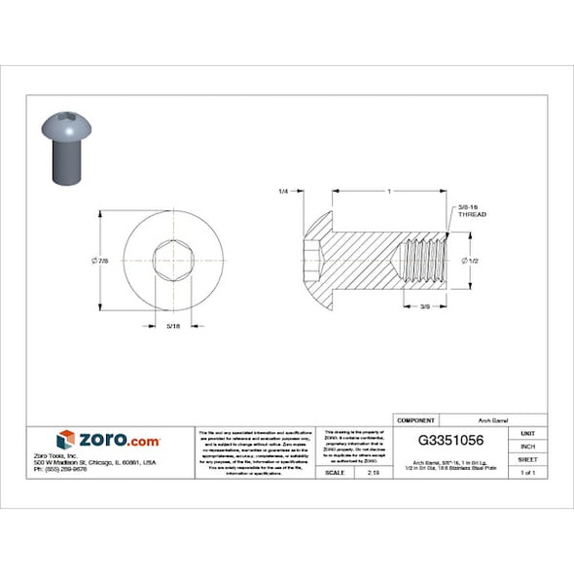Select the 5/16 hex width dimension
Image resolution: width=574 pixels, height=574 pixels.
coord(172,326)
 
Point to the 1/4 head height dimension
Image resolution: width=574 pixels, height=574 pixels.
coord(283,192)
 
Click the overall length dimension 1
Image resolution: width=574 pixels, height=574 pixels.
coord(389,192)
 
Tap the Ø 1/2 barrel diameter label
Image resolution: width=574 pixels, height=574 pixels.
coord(475,261)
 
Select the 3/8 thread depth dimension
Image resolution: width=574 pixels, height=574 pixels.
coord(424,306)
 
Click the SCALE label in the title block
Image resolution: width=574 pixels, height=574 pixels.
coord(335,472)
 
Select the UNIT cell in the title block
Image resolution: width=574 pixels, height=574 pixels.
coord(528,432)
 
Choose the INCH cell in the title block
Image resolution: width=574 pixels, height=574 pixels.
coord(528,446)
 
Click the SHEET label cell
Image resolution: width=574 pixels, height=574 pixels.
coord(528,459)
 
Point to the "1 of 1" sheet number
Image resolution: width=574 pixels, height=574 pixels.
coord(528,472)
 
